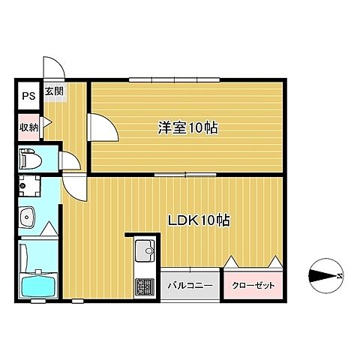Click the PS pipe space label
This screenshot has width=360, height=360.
pyautogui.click(x=28, y=96)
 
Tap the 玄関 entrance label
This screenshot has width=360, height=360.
pyautogui.click(x=54, y=91)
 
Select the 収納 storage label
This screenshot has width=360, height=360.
pyautogui.click(x=29, y=127)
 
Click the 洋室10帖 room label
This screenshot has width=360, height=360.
pyautogui.click(x=187, y=127)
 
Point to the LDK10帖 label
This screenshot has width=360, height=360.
pyautogui.click(x=199, y=220)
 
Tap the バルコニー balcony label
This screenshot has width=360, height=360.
pyautogui.click(x=190, y=286)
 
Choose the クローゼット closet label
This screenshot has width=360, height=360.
pyautogui.click(x=253, y=286)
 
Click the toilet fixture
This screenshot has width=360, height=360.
pyautogui.click(x=30, y=159)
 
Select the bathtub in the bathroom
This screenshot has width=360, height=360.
pyautogui.click(x=38, y=285)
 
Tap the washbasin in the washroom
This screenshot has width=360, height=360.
pyautogui.click(x=26, y=217)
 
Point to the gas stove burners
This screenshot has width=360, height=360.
pyautogui.click(x=145, y=286)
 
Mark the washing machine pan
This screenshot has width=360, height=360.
pyautogui.click(x=29, y=186)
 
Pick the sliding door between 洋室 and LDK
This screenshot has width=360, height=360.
pyautogui.click(x=185, y=175)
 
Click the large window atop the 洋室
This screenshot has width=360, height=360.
pyautogui.click(x=175, y=79)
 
